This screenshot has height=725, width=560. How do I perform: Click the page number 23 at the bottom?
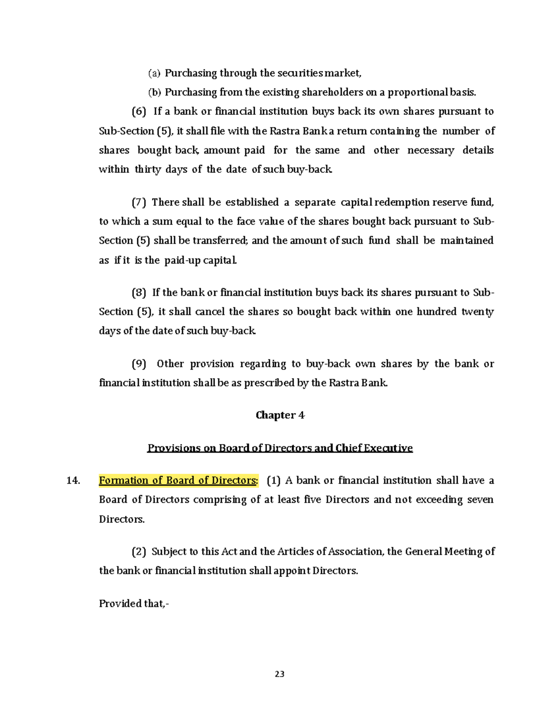pos(280,674)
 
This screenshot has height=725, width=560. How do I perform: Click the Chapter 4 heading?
pos(280,415)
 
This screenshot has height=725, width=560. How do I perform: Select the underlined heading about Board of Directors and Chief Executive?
pos(280,448)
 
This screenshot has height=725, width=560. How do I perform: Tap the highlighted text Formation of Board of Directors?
pos(178,480)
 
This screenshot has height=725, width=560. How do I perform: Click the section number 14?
pos(73,480)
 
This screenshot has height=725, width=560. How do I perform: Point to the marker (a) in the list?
pos(154,73)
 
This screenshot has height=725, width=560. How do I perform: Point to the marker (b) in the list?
pos(154,92)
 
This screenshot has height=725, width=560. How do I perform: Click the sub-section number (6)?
pos(139,112)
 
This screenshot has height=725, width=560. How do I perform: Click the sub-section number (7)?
pos(139,202)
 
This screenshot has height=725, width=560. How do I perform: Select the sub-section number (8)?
pos(139,293)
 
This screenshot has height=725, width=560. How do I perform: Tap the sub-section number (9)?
pos(139,364)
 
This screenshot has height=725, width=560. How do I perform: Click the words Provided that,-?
pos(134,604)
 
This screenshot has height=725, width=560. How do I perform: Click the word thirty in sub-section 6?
pos(147,169)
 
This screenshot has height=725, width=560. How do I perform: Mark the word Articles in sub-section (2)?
pos(295,552)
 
